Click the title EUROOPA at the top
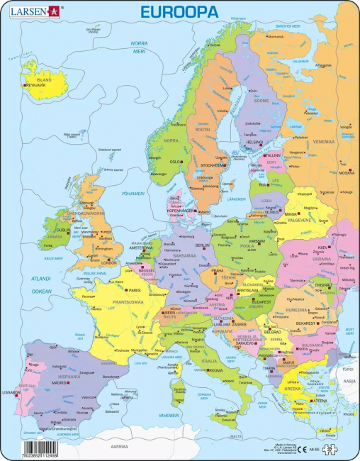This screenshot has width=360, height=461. [179, 11]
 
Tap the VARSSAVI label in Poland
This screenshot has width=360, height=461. [257, 240]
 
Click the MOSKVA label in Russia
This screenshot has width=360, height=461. [347, 172]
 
